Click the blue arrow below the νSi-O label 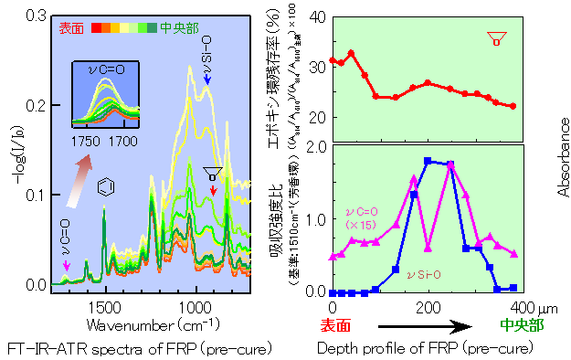point(207,82)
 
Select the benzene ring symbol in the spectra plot point(106,188)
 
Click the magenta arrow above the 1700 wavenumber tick point(65,265)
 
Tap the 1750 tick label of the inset point(85,142)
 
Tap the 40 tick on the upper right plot point(315,16)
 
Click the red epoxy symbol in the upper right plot point(496,38)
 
